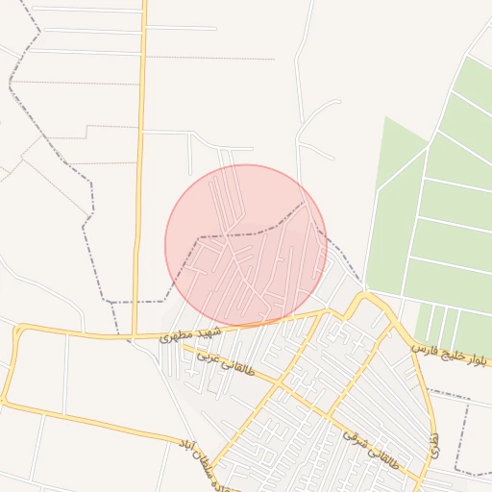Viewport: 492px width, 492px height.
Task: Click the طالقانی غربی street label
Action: coord(226,362)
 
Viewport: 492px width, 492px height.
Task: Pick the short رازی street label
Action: coord(435,443)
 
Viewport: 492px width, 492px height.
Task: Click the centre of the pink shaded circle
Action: coord(246,245)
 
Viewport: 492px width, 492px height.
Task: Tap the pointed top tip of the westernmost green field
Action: coord(386,118)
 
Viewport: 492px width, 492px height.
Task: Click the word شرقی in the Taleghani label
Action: coord(354,439)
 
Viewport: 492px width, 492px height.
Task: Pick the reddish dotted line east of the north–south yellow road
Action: coord(211,59)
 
